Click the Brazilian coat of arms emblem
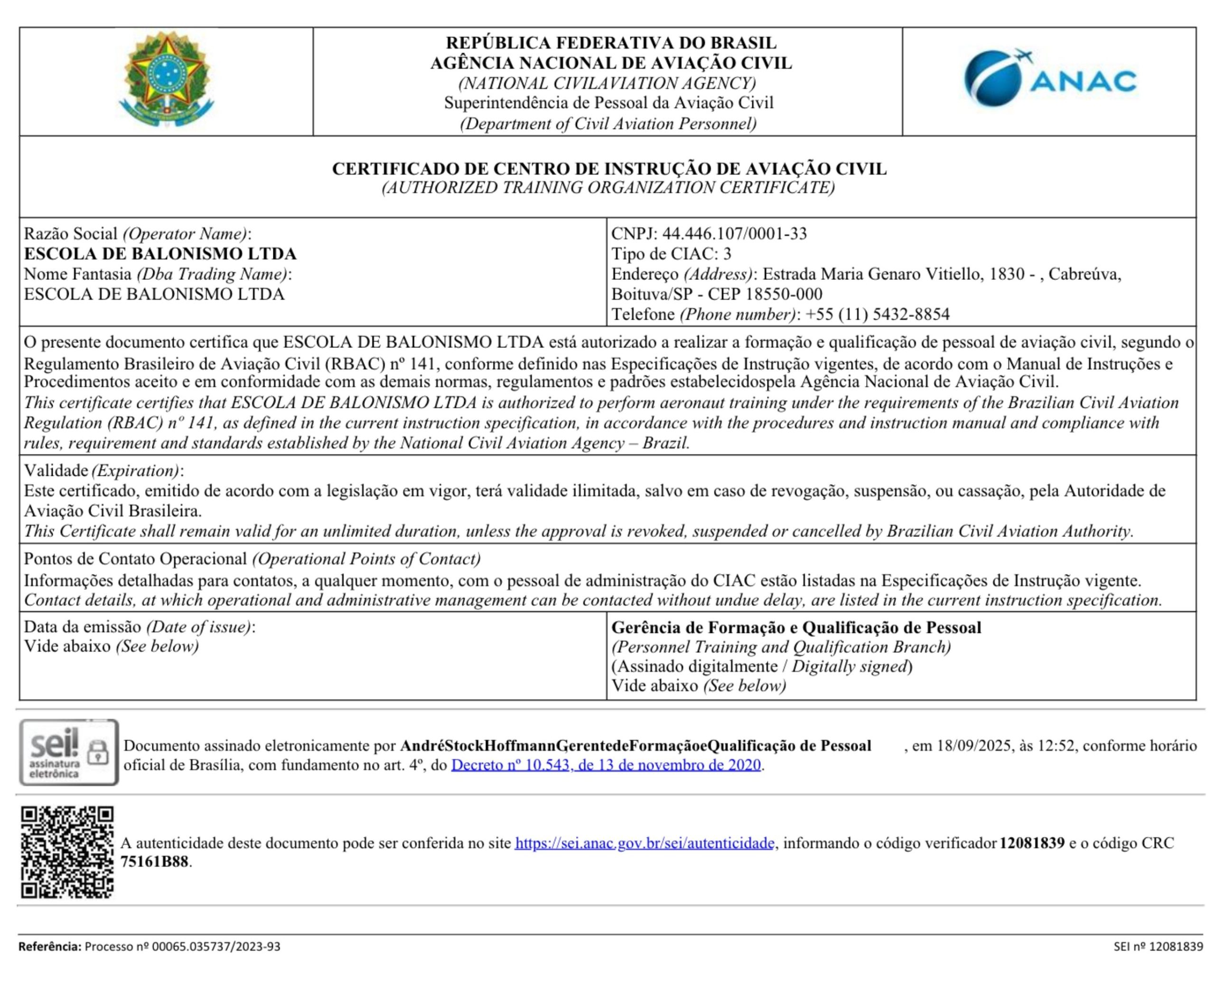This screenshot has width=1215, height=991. [x=166, y=80]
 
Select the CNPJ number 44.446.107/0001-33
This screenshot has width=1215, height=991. [x=734, y=233]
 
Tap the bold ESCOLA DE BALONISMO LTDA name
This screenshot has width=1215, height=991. [x=160, y=253]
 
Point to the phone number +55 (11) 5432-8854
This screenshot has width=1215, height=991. [x=877, y=314]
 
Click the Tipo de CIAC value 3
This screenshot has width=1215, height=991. [x=727, y=253]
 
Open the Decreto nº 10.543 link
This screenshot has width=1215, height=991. [x=606, y=765]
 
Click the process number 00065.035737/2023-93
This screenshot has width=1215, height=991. [x=216, y=946]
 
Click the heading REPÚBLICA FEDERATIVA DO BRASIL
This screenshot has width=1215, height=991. [x=611, y=43]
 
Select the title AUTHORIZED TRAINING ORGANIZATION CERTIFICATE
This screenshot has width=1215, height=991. [x=608, y=188]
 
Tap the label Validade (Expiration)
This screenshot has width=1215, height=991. [x=103, y=471]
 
